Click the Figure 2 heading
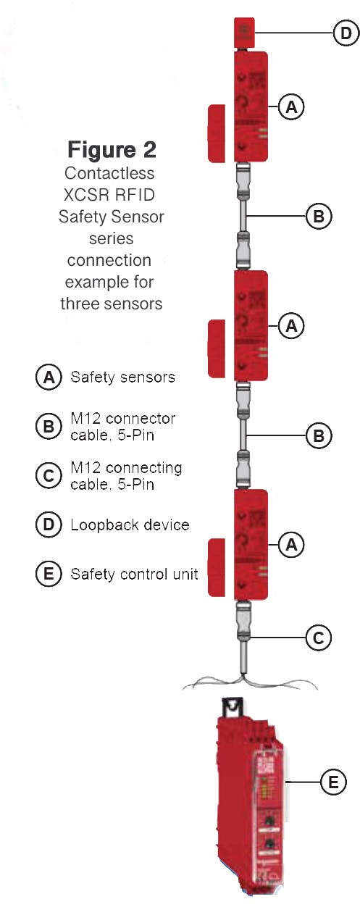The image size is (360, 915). (x=112, y=149)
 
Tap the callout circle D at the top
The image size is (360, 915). (x=346, y=33)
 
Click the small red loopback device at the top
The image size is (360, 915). (x=241, y=33)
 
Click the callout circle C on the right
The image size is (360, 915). (x=317, y=638)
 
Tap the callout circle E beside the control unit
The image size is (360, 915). (x=332, y=782)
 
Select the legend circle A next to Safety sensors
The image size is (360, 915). (x=48, y=377)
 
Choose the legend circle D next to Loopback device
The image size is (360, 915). (x=48, y=525)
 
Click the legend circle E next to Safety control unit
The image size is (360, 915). (x=48, y=574)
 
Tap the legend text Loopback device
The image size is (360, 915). (x=130, y=525)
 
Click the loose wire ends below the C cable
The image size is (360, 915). (x=242, y=683)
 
